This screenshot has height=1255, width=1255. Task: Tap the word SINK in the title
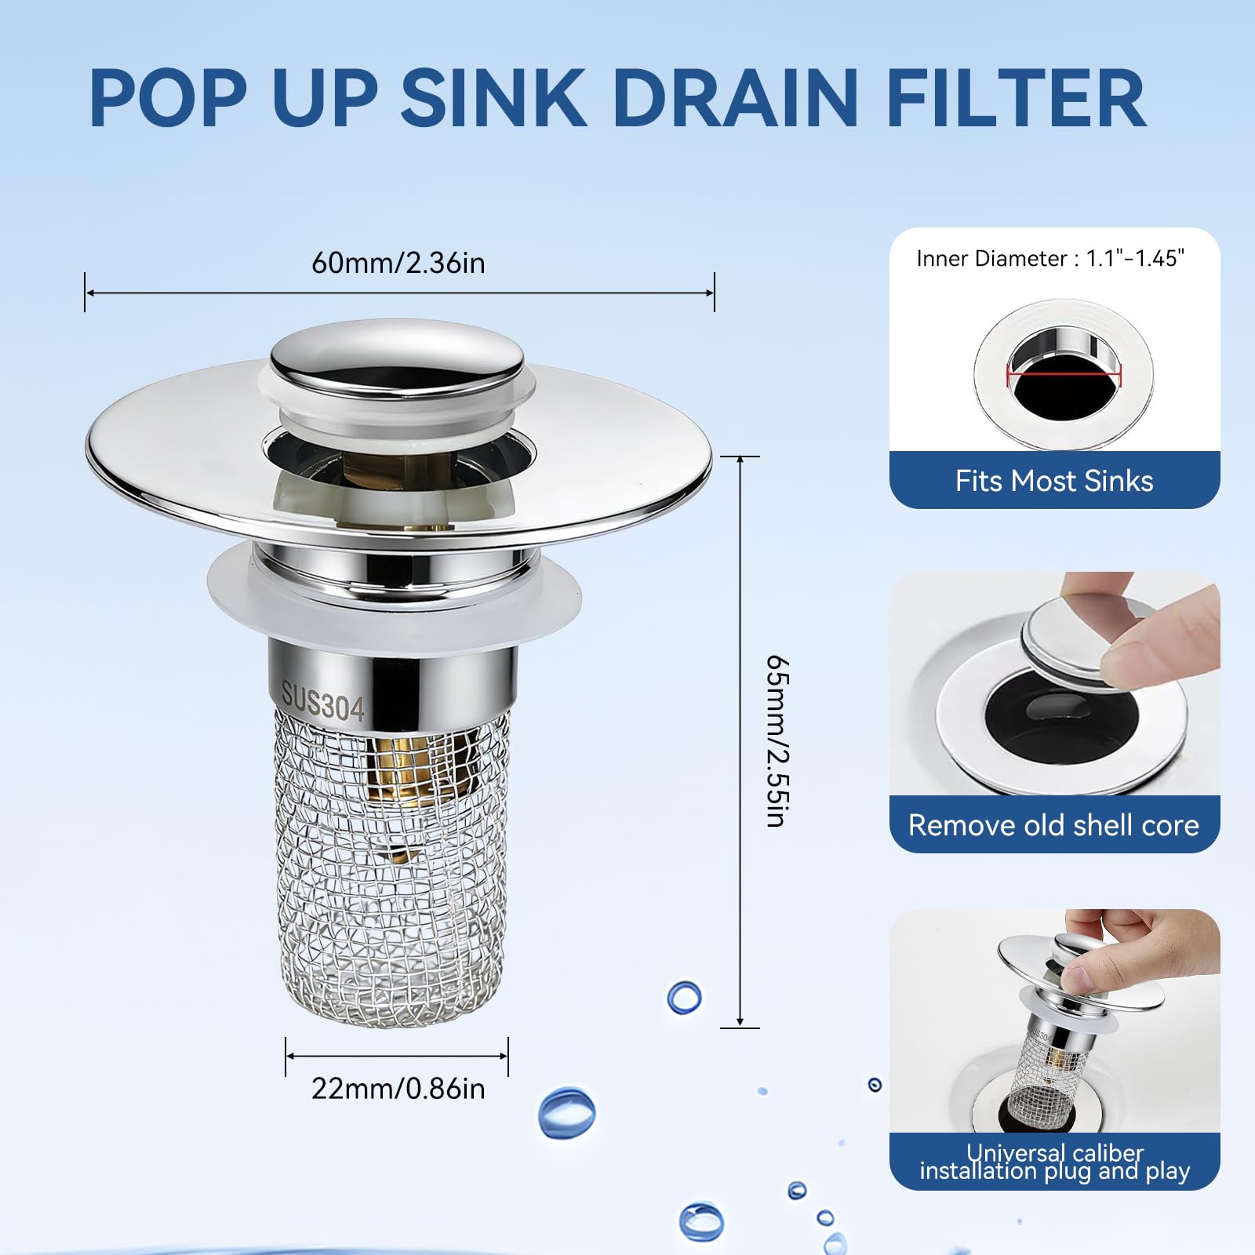[494, 98]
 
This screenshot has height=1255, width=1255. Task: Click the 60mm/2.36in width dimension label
[398, 263]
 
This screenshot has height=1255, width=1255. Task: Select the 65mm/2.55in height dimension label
[777, 740]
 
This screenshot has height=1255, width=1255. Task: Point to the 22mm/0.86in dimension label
[398, 1089]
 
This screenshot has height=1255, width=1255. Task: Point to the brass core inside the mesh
[406, 773]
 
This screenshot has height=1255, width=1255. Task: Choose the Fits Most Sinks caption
[1054, 481]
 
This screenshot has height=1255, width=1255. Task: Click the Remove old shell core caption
[1054, 825]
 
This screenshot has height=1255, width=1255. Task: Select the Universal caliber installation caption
[1055, 1162]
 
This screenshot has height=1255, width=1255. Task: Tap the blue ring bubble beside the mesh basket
[684, 997]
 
